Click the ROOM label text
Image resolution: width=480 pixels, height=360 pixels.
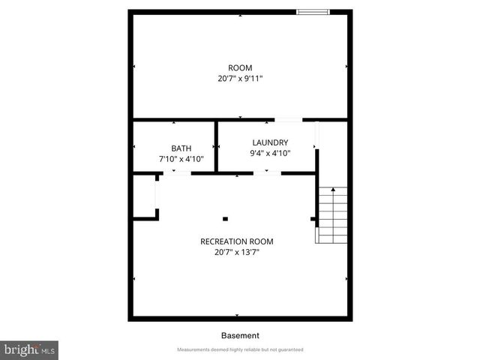(x=240, y=68)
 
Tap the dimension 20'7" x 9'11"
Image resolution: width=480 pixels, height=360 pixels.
(x=240, y=78)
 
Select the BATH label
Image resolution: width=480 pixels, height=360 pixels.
(x=181, y=148)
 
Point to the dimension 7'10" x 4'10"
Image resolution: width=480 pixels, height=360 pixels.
(x=181, y=159)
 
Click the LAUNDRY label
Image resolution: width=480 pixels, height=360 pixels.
(x=270, y=142)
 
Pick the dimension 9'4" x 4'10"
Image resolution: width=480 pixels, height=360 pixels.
(x=270, y=153)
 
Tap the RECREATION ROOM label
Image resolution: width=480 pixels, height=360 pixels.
(x=236, y=241)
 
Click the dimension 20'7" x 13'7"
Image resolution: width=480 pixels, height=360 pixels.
(x=236, y=252)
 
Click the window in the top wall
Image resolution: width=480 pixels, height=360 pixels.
(x=312, y=11)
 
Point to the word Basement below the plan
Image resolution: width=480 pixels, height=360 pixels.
(x=240, y=336)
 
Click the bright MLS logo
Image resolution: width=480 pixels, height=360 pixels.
(x=29, y=350)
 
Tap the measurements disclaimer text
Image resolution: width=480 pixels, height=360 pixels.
(x=240, y=350)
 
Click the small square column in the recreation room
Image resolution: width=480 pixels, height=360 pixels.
(x=225, y=219)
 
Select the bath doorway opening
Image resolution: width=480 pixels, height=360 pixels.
(x=177, y=173)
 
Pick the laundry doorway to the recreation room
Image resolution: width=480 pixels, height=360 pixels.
(x=267, y=173)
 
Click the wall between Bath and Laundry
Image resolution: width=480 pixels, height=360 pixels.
(x=217, y=146)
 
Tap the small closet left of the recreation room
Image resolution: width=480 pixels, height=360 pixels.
(x=145, y=197)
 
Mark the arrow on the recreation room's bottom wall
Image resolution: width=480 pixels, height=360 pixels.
(x=237, y=316)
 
